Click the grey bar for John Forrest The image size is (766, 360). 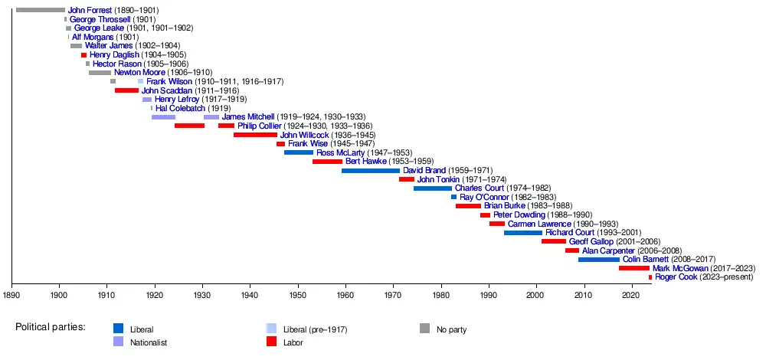pyautogui.click(x=41, y=10)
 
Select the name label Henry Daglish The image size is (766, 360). pyautogui.click(x=114, y=55)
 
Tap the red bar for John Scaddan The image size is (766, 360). pyautogui.click(x=126, y=90)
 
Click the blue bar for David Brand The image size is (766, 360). pyautogui.click(x=371, y=170)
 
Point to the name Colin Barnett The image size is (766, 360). pyautogui.click(x=648, y=260)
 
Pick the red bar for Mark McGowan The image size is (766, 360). pyautogui.click(x=633, y=268)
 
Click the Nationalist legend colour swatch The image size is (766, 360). pyautogui.click(x=118, y=342)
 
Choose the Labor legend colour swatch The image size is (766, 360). pyautogui.click(x=271, y=342)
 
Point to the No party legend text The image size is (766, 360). pyautogui.click(x=451, y=329)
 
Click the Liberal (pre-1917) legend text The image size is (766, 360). pyautogui.click(x=316, y=329)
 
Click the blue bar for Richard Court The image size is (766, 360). pyautogui.click(x=522, y=233)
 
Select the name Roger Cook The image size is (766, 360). pyautogui.click(x=676, y=277)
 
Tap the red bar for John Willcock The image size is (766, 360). pyautogui.click(x=255, y=135)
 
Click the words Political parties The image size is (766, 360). pyautogui.click(x=50, y=328)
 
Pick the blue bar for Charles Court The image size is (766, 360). pyautogui.click(x=432, y=188)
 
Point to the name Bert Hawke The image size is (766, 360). pyautogui.click(x=367, y=162)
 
